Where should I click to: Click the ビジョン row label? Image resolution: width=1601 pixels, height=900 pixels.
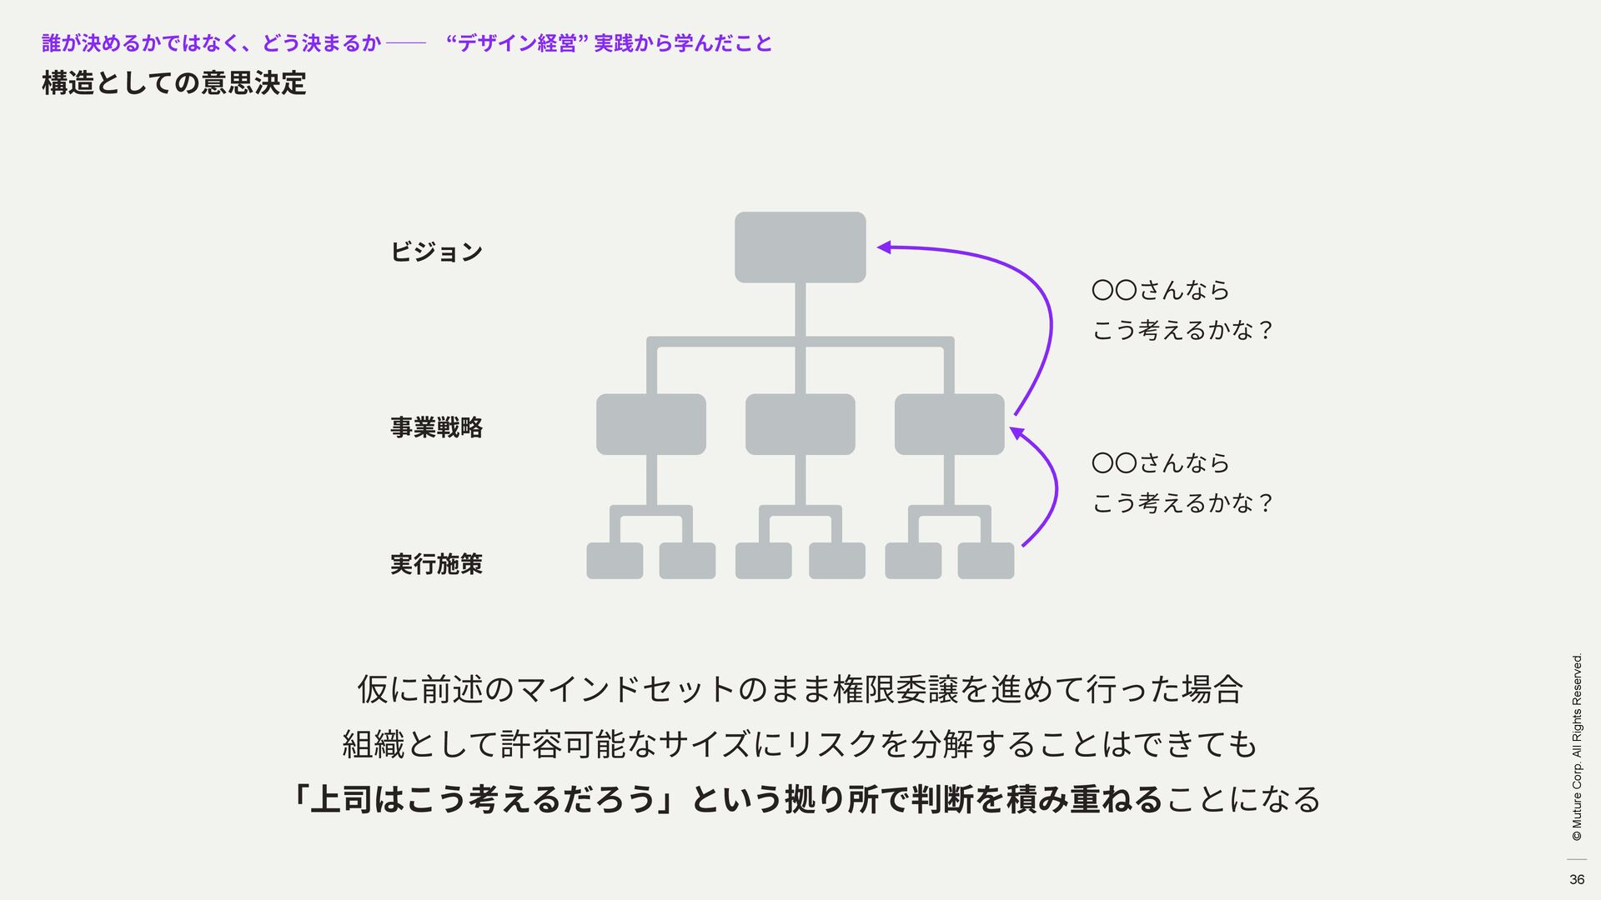click(436, 252)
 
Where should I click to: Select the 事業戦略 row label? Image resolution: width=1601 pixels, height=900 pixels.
click(436, 427)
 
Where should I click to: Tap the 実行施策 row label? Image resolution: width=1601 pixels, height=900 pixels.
click(436, 564)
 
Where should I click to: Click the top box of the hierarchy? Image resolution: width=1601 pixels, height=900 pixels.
click(800, 247)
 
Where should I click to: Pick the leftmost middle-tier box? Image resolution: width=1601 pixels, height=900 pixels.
click(650, 424)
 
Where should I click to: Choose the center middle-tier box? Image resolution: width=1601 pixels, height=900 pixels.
click(800, 424)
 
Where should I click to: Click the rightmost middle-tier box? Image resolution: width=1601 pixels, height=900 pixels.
click(949, 424)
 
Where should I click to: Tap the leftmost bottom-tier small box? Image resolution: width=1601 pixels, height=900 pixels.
click(615, 561)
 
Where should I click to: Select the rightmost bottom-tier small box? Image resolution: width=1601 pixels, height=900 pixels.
click(986, 561)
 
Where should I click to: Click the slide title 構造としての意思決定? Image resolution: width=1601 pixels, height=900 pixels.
click(174, 83)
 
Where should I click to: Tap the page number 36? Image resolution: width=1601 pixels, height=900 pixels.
click(1576, 879)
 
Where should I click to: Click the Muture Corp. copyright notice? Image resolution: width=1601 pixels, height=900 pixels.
click(1576, 747)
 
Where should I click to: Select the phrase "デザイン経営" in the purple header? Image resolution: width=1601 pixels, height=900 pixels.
click(514, 43)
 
